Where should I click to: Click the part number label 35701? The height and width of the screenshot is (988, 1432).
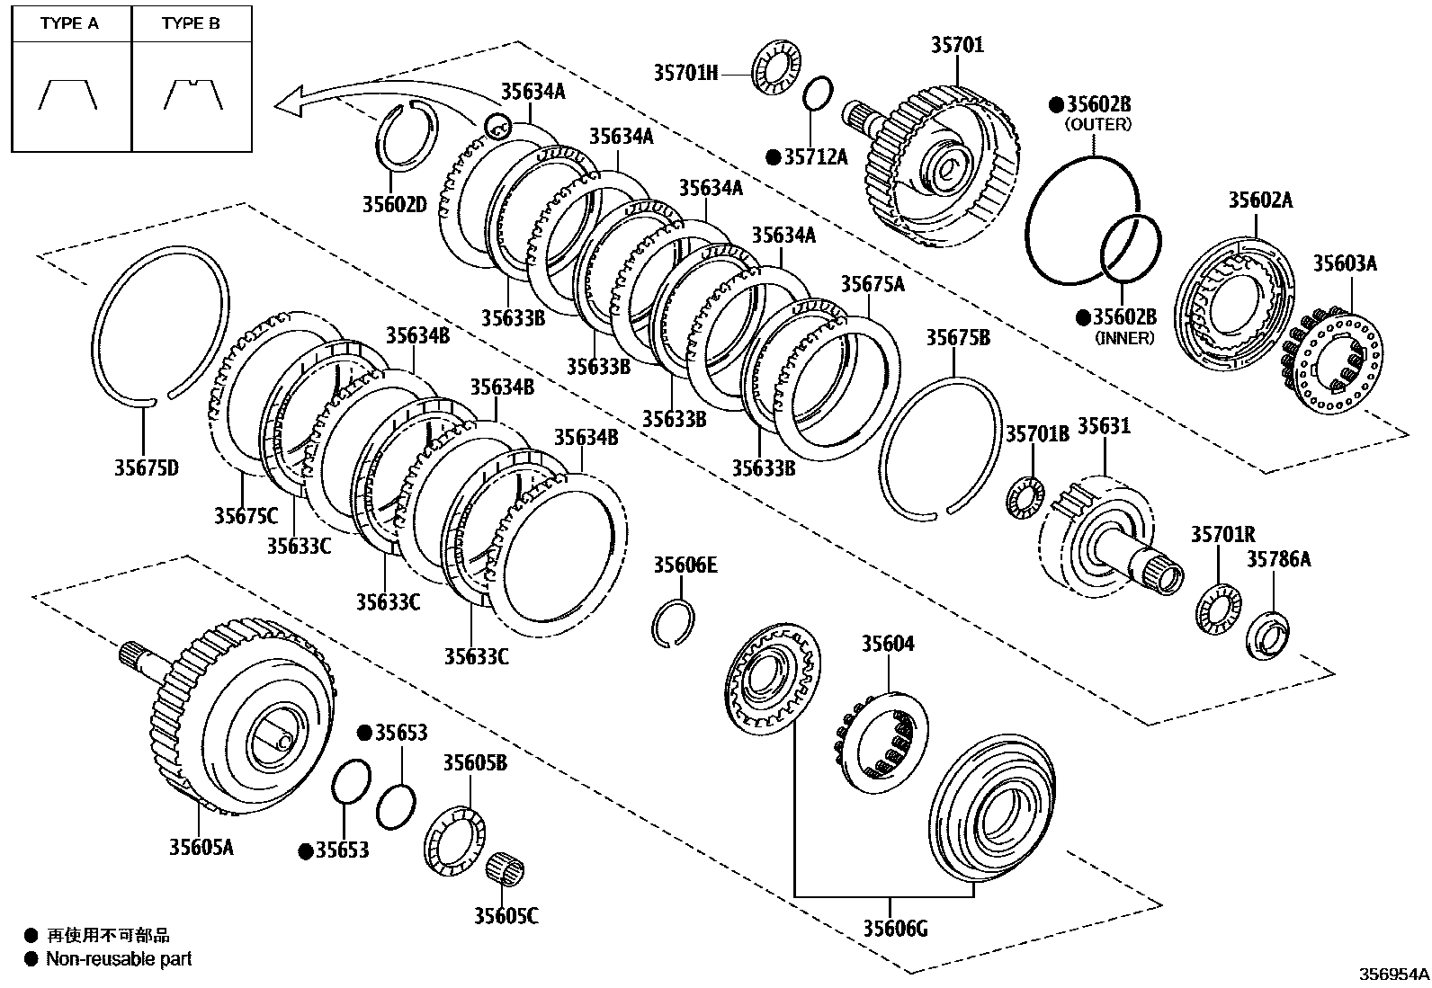pos(957,45)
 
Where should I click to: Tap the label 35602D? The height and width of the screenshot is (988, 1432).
pos(394,204)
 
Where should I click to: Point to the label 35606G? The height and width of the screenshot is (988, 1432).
pos(895,928)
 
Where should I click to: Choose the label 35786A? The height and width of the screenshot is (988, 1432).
pos(1278,559)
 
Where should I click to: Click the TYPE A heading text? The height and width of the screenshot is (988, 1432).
pos(69,23)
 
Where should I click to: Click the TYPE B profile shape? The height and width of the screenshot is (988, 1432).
pos(192,93)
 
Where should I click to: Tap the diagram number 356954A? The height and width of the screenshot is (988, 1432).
pos(1392,974)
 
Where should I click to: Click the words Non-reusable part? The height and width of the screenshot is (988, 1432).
pos(119,959)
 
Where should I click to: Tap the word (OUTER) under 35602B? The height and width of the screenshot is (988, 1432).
pos(1097,125)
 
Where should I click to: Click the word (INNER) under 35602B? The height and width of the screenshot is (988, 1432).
pos(1124,338)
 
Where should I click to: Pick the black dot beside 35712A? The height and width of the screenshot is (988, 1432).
pos(773,157)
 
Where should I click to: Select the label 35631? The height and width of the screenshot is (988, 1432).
pos(1104,425)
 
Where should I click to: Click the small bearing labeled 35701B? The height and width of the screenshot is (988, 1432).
pos(1025,498)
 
